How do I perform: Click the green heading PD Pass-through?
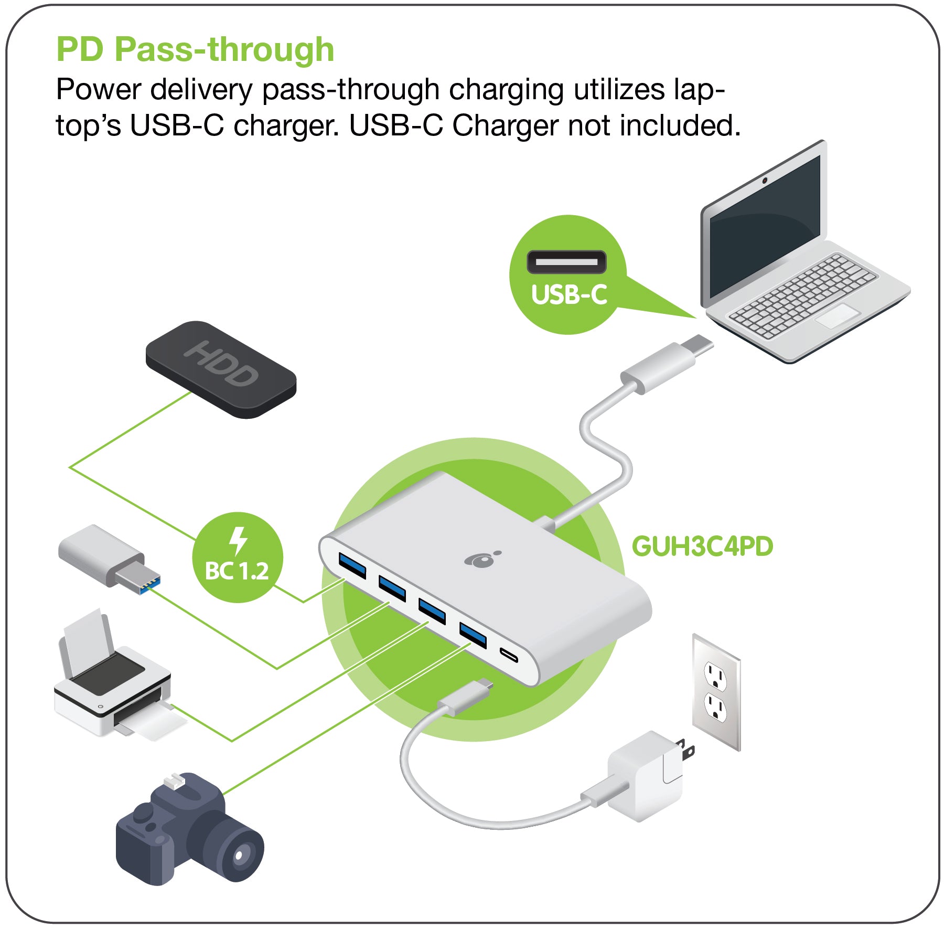click(195, 50)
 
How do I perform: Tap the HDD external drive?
click(221, 370)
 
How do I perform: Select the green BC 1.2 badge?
click(237, 557)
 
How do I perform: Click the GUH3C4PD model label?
click(702, 546)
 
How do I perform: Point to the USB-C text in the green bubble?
click(569, 294)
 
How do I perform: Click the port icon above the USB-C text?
click(566, 261)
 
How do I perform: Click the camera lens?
click(239, 856)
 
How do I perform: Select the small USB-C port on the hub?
click(508, 655)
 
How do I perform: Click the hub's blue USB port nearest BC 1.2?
click(352, 564)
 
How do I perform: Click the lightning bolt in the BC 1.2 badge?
click(238, 541)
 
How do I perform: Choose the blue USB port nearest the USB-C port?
click(473, 634)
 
